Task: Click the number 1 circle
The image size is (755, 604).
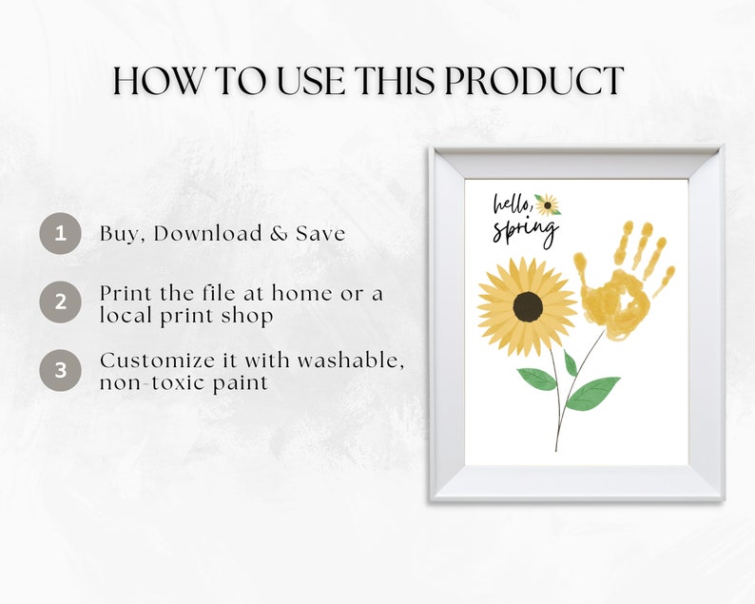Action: coord(61,234)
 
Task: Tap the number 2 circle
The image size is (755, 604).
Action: coord(61,303)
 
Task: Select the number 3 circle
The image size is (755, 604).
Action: coord(61,370)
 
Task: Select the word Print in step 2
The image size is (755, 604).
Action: coord(126,294)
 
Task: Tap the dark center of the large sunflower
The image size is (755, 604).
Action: coord(528,306)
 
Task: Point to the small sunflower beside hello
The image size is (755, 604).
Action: coord(547,205)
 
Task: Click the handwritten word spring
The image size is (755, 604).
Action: coord(525,231)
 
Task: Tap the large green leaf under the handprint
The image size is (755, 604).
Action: coord(594,390)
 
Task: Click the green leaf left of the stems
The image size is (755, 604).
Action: coord(536,379)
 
